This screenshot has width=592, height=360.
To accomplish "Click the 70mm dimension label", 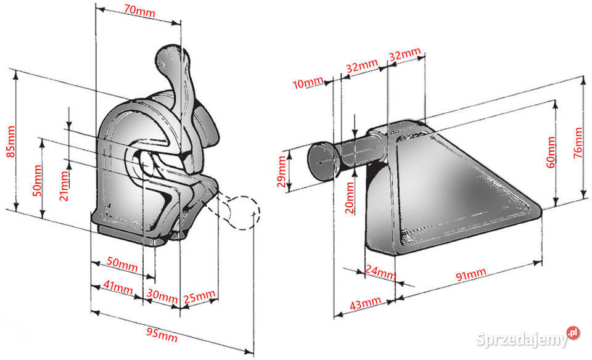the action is (139, 10).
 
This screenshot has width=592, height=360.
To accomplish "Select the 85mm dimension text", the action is (10, 142).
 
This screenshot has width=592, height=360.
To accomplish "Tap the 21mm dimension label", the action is (64, 186).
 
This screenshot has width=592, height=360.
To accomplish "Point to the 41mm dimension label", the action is (118, 287).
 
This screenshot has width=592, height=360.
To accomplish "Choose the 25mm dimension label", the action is (199, 297).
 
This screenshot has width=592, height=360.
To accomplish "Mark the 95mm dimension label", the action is (162, 334).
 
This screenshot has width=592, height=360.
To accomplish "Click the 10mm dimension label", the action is (308, 83).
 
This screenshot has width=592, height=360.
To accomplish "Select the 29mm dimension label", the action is (282, 172).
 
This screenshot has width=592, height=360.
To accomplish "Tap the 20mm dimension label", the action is (350, 198).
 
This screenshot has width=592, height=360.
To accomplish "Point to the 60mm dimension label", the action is (551, 152).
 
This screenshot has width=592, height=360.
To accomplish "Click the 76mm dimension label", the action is (578, 143).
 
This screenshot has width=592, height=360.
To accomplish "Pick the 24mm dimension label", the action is (380, 272).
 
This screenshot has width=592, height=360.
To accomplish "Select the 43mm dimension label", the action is (366, 303).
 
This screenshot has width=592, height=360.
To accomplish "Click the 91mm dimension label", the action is (471, 275).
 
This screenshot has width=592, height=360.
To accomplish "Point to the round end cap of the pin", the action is (321, 160).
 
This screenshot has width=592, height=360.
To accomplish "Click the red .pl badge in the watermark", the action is (573, 332).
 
